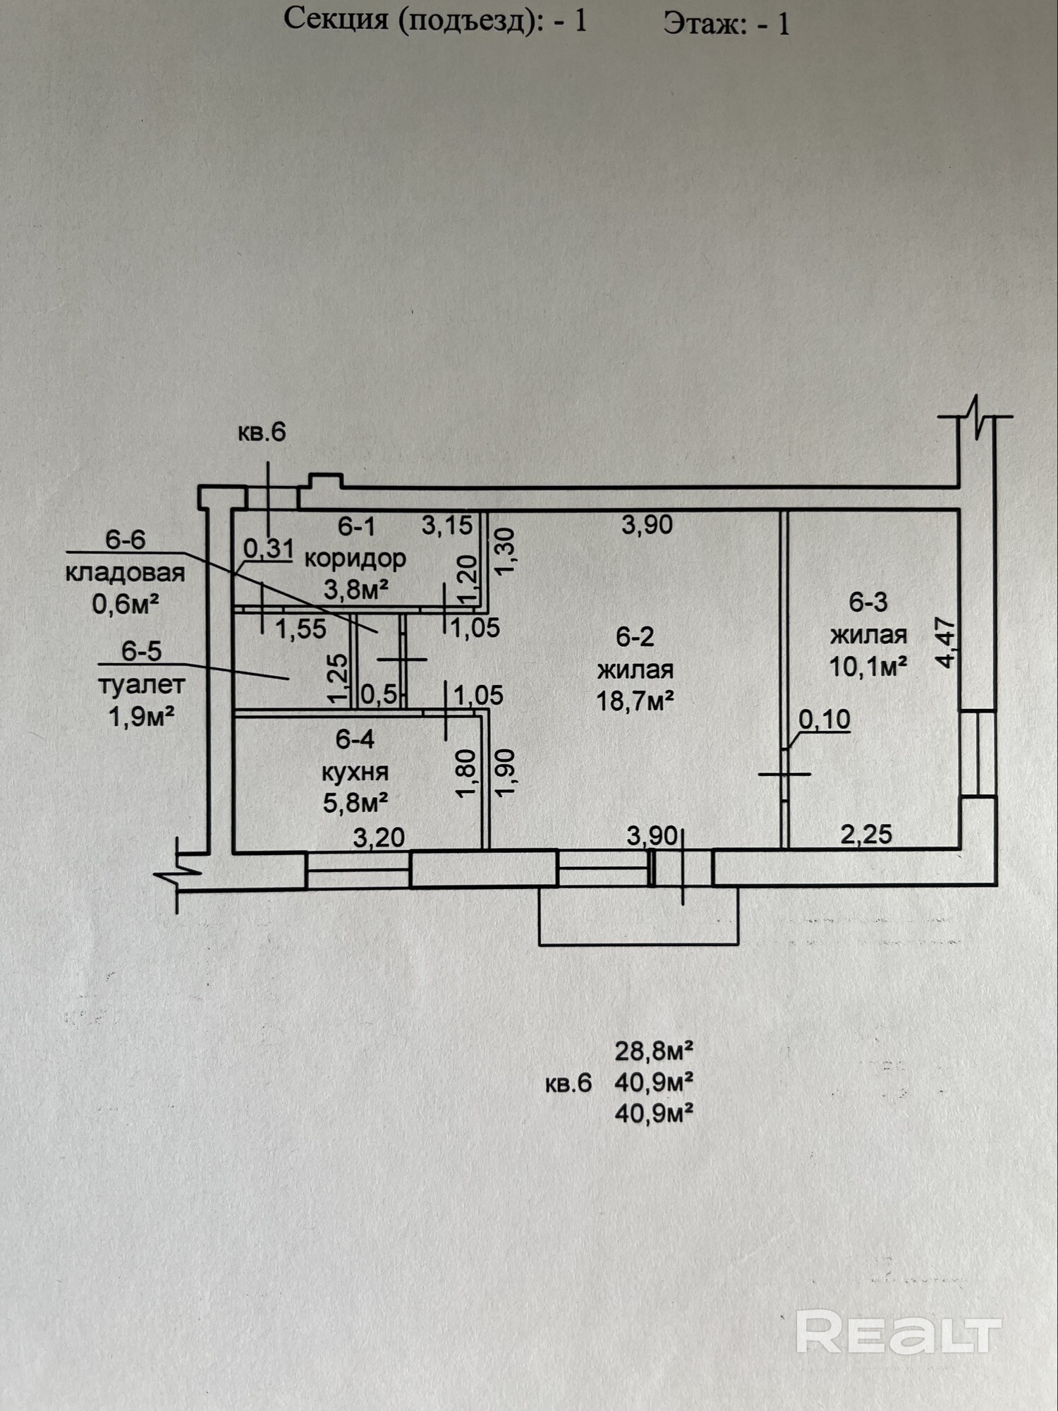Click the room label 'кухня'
[x=355, y=772]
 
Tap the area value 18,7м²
[x=635, y=701]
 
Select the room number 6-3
[x=868, y=602]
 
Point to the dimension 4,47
[x=945, y=643]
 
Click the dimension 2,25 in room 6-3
[x=866, y=835]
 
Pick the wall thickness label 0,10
[x=824, y=720]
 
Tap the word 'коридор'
[x=355, y=558]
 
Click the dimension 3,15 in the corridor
[x=447, y=525]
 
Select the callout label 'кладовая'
[x=125, y=572]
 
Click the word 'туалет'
[x=141, y=684]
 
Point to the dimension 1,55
[x=300, y=629]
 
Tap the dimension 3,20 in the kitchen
[x=379, y=837]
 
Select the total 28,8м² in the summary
[x=653, y=1051]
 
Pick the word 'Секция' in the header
[x=336, y=20]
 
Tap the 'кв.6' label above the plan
[x=262, y=432]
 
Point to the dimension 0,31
[x=268, y=548]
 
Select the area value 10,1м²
[x=868, y=666]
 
